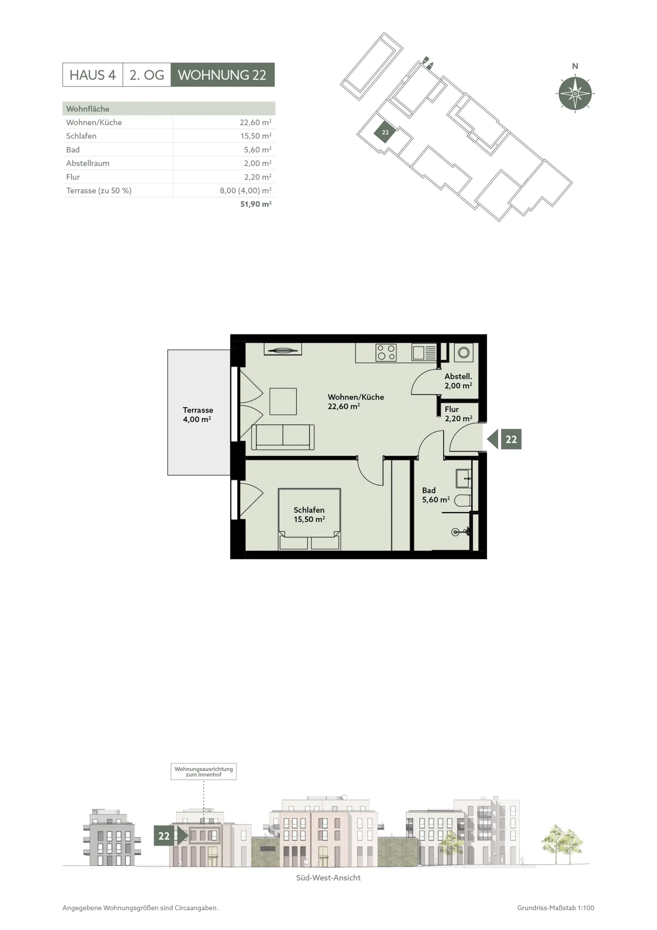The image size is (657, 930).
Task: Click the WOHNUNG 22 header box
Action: [x=222, y=74]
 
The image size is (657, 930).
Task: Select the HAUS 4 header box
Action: [x=93, y=74]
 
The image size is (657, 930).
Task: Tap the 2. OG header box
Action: [x=147, y=74]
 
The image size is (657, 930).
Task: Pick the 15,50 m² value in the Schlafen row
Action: [x=256, y=136]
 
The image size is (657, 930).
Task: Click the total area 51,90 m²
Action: [x=256, y=204]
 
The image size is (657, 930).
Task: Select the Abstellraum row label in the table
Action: [x=88, y=163]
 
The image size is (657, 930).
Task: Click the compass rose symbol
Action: [x=575, y=93]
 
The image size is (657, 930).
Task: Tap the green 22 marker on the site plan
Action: [x=385, y=133]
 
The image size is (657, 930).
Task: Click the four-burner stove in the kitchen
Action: [x=386, y=352]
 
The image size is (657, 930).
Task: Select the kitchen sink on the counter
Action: [x=424, y=352]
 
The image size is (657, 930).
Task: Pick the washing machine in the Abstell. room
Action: [x=464, y=352]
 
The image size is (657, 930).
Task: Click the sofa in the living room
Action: [x=283, y=437]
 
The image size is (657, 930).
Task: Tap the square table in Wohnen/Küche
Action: [x=283, y=401]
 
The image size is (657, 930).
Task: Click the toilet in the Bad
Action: [x=463, y=500]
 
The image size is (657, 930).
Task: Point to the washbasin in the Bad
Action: [x=464, y=478]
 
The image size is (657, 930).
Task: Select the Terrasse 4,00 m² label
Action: [x=197, y=415]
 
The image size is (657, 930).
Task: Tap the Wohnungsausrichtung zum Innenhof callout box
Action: [x=204, y=772]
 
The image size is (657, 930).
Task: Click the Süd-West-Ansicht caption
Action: [x=328, y=878]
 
